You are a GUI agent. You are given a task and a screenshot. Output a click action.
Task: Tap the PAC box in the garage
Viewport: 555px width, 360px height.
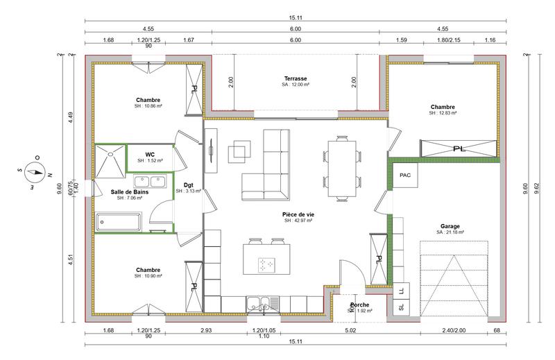coord(405,175)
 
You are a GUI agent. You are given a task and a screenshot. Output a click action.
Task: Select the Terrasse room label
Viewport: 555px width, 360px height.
coord(296,79)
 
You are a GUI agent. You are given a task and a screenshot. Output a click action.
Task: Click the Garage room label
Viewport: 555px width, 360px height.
coord(450,226)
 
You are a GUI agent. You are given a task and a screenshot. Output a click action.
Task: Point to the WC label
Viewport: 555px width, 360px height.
coord(150,155)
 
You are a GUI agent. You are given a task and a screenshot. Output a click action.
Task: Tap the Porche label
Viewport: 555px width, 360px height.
coord(359,305)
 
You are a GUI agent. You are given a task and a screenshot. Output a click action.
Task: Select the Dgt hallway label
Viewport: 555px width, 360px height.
coord(188,185)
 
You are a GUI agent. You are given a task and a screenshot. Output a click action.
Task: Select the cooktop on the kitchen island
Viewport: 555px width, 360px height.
coord(266,264)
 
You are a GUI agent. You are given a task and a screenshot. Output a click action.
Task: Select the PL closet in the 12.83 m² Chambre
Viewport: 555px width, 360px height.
coord(458,148)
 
